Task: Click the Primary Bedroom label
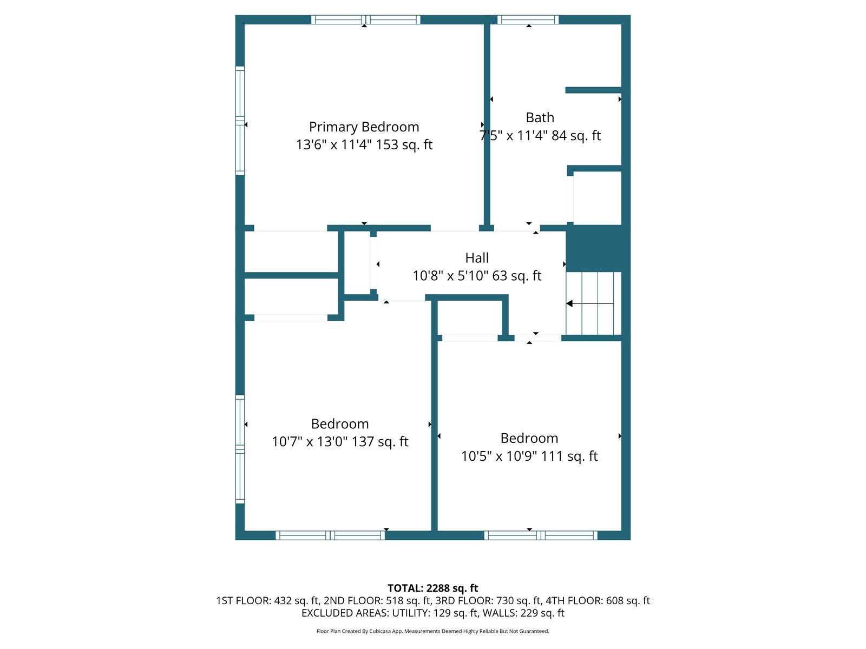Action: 364,127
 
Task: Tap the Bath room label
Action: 540,117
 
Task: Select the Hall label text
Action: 477,258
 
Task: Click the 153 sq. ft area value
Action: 404,144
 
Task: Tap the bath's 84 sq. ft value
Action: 576,136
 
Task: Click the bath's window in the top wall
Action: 528,19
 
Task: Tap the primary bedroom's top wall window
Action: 366,19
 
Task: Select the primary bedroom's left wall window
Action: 240,121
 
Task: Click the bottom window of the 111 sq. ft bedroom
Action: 541,535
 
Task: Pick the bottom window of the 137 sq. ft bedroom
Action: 330,535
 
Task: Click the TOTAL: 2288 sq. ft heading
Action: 433,588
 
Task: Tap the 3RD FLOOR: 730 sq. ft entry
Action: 488,600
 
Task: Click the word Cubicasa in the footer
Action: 380,631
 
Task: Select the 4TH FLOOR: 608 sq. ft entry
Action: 598,600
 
